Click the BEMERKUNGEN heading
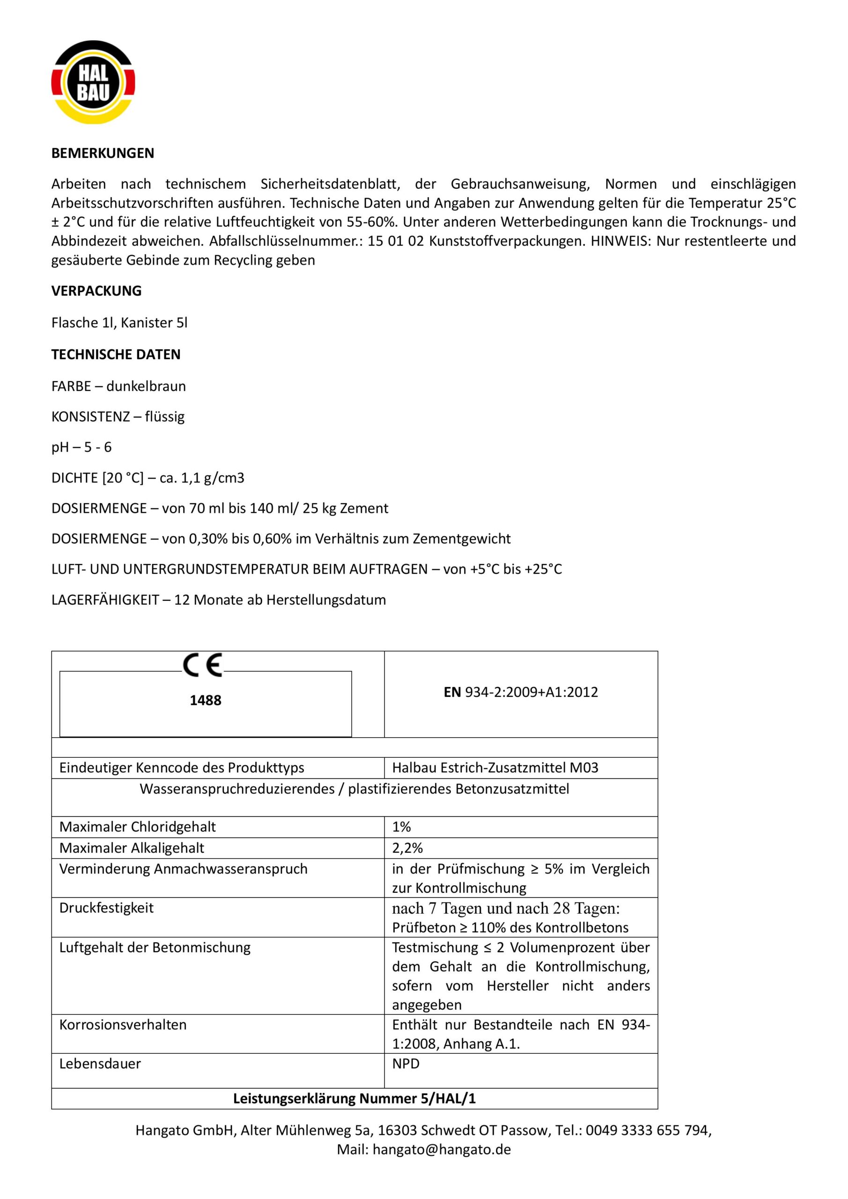103,154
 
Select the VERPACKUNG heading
96,291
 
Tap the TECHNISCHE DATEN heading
115,355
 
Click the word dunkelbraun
146,386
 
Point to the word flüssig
164,417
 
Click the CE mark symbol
203,665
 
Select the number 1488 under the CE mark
205,700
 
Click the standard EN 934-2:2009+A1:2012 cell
521,692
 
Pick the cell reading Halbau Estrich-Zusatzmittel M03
495,768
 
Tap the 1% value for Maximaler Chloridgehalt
402,827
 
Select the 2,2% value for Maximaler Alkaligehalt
407,848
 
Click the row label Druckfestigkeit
106,908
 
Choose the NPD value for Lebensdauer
406,1064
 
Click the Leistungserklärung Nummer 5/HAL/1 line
354,1099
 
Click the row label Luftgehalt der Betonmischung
155,948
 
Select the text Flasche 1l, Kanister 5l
119,323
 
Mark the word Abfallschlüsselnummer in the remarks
286,241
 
